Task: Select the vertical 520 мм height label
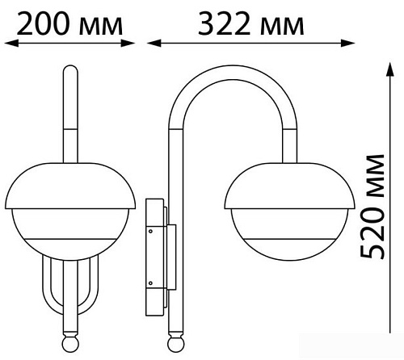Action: pyautogui.click(x=372, y=207)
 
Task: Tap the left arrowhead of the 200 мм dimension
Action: pyautogui.click(x=11, y=43)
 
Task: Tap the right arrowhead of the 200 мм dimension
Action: pyautogui.click(x=128, y=43)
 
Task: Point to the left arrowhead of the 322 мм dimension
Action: pyautogui.click(x=154, y=43)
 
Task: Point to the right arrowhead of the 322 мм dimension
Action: pyautogui.click(x=347, y=43)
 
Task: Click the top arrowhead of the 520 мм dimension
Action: pyautogui.click(x=389, y=69)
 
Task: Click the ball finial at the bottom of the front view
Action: pyautogui.click(x=70, y=344)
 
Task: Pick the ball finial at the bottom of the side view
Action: pyautogui.click(x=175, y=344)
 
